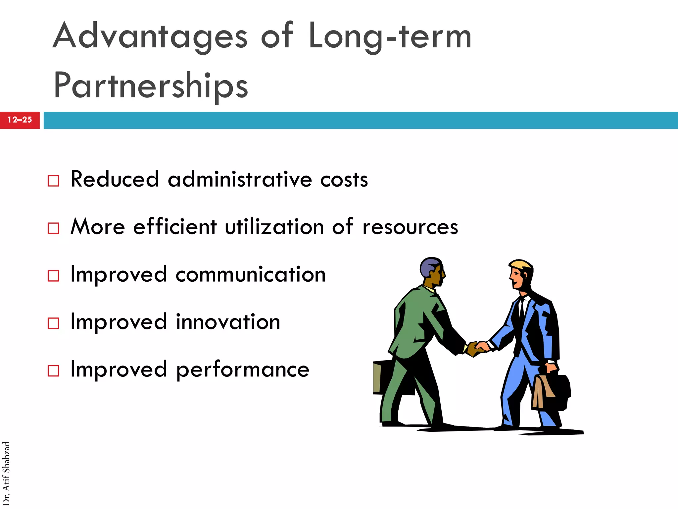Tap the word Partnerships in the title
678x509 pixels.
point(151,85)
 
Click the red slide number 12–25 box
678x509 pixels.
point(20,120)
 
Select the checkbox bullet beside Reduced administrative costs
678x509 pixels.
point(53,181)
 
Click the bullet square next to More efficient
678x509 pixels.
point(53,228)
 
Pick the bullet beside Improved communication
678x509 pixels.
point(53,276)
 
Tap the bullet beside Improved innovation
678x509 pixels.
point(53,323)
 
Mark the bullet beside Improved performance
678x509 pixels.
point(53,370)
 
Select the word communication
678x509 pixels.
point(251,275)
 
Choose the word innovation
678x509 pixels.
point(228,322)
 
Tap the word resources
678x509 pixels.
point(410,227)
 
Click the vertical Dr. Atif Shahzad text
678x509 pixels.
point(6,474)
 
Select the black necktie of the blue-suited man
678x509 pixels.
point(521,308)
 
